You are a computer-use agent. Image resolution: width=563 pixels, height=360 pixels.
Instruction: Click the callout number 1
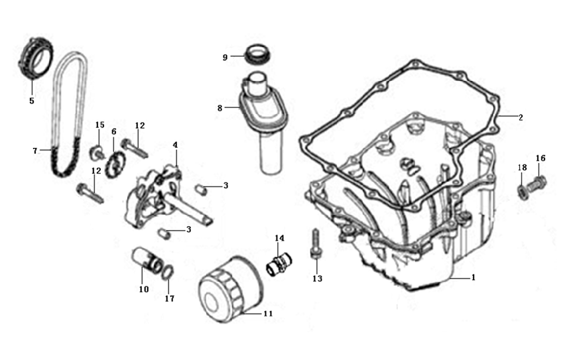[x=473, y=278]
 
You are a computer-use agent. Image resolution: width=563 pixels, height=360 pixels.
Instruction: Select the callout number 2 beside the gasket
[x=521, y=117]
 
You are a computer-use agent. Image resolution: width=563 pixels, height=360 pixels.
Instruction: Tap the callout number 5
[x=31, y=101]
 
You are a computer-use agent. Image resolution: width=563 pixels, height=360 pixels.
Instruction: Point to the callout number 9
[x=225, y=57]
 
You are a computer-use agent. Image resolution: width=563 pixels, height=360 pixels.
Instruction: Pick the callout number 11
[x=268, y=313]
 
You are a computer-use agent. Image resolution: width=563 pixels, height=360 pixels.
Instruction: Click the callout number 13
[x=317, y=278]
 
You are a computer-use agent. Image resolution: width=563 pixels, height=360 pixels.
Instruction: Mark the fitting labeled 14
[x=277, y=264]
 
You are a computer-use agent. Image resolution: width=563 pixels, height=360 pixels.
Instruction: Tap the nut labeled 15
[x=97, y=150]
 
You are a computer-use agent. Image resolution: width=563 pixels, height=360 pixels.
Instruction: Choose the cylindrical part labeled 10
[x=145, y=261]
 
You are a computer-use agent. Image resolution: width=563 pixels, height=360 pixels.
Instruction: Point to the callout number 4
[x=175, y=145]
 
